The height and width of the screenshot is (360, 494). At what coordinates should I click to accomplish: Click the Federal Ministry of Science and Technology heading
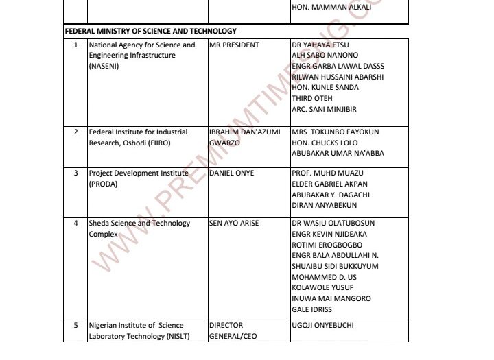[150, 31]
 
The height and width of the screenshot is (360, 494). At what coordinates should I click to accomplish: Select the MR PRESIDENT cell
[234, 45]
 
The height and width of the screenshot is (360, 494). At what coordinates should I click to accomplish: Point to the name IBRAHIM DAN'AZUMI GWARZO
[244, 137]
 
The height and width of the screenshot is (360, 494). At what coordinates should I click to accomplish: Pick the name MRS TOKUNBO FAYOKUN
[335, 132]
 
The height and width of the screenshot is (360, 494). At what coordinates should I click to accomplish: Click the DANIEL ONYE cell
[231, 173]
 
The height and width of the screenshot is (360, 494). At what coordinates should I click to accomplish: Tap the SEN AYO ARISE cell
[234, 224]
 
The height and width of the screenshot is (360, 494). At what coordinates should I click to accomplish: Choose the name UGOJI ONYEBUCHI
[327, 326]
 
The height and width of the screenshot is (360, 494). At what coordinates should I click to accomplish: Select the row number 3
[75, 173]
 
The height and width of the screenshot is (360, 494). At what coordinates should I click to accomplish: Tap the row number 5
[75, 326]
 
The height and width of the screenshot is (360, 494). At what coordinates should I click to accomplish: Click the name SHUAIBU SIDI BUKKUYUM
[335, 266]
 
